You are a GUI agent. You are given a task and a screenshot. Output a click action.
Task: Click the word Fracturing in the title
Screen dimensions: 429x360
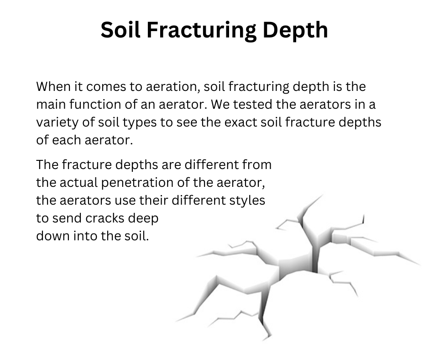click(202, 30)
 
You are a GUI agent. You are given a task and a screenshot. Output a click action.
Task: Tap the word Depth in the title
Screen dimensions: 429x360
click(295, 30)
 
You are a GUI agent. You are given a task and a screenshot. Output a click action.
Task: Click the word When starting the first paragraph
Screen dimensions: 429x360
click(53, 87)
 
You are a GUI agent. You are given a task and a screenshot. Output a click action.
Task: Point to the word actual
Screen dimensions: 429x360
click(78, 182)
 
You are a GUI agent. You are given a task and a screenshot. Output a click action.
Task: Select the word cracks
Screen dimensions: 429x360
click(105, 218)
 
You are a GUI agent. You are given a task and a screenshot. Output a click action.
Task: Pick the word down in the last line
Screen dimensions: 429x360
click(53, 236)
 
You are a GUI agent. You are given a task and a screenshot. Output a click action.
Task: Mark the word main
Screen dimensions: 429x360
click(51, 104)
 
